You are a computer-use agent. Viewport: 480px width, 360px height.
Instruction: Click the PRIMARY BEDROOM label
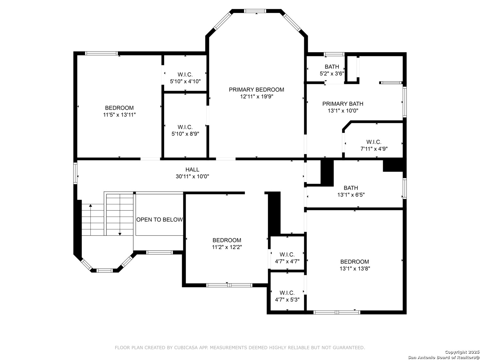click(256, 90)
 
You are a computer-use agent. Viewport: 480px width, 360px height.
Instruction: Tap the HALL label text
click(192, 169)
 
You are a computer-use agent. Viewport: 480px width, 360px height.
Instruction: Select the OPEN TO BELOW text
click(159, 219)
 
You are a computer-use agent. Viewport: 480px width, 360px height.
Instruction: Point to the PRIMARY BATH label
click(343, 104)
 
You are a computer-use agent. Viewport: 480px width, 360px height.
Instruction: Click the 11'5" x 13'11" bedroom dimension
click(119, 115)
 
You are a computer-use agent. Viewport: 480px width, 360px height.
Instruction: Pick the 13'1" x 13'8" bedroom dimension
click(355, 268)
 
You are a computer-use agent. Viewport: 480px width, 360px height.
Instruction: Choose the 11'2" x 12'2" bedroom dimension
click(227, 247)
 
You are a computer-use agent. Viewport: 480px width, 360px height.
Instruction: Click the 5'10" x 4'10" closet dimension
click(185, 81)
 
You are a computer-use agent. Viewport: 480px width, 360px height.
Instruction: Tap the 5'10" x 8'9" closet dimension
click(185, 134)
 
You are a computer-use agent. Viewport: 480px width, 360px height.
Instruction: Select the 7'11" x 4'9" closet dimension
click(374, 149)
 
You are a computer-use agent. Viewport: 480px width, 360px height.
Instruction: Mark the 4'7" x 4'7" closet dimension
click(287, 261)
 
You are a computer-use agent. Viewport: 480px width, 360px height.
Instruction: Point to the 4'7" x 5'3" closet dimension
click(287, 299)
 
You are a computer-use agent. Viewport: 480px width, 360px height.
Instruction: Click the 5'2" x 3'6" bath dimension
click(332, 73)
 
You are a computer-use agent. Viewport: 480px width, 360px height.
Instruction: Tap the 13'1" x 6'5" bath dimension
click(351, 195)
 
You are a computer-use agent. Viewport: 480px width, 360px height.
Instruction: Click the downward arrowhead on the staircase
click(120, 234)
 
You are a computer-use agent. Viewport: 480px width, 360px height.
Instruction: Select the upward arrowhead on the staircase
click(91, 205)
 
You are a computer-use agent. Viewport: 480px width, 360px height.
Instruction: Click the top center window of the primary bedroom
click(255, 11)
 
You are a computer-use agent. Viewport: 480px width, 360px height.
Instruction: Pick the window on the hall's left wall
click(75, 173)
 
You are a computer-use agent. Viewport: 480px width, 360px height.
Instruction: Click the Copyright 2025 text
click(462, 352)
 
